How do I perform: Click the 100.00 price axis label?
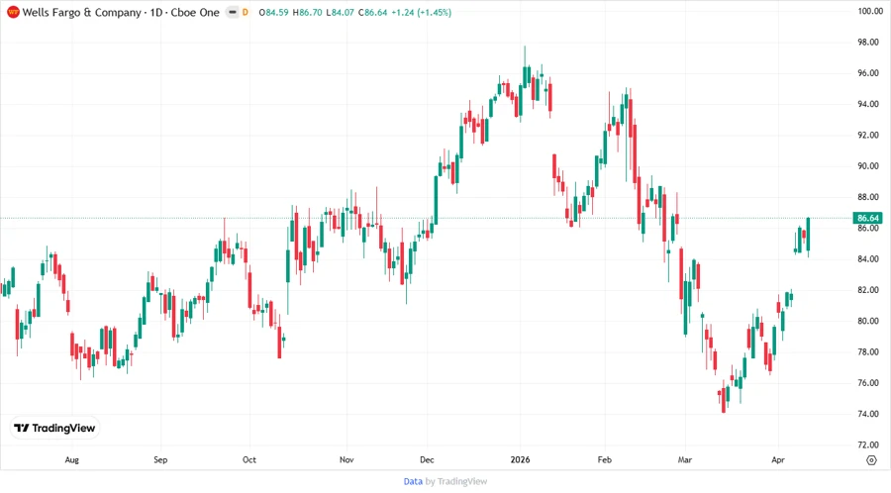point(869,11)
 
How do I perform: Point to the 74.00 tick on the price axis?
point(869,414)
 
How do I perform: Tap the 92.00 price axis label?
point(869,135)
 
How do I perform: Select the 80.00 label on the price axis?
point(869,321)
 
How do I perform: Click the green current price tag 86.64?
point(868,218)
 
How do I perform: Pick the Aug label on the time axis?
point(71,460)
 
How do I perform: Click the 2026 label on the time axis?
point(520,460)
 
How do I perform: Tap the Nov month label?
point(346,460)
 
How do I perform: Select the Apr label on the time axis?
point(777,460)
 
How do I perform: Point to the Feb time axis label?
point(606,460)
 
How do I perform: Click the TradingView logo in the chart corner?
point(54,429)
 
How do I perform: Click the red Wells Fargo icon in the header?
point(12,12)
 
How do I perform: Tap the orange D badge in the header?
point(245,12)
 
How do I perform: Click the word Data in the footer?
point(413,482)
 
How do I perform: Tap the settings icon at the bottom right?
point(870,460)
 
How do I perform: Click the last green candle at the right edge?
point(808,234)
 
